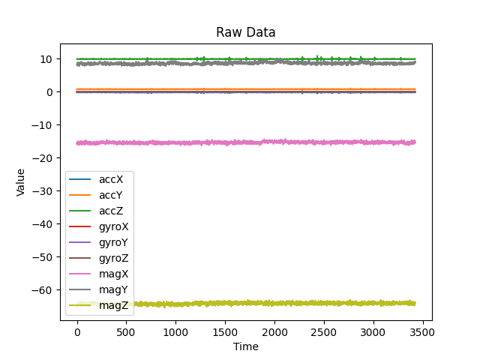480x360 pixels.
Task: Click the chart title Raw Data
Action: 246,32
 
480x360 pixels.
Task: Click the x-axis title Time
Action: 246,346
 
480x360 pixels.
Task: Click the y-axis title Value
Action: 21,182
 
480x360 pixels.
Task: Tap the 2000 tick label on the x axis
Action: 274,331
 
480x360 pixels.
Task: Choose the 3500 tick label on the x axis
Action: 422,331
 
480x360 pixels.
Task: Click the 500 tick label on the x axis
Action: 126,331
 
